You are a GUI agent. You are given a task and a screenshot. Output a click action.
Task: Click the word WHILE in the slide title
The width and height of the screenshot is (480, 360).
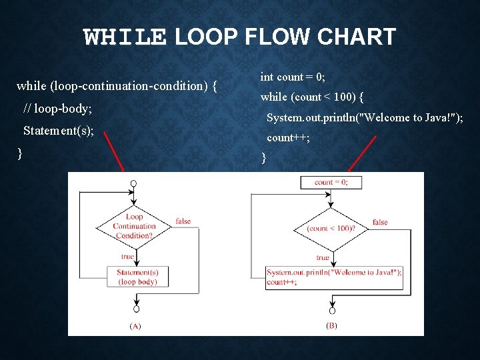click(125, 37)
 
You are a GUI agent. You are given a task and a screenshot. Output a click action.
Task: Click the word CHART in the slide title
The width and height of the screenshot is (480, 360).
click(356, 37)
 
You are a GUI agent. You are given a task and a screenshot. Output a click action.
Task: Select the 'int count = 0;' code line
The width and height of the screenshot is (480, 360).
click(293, 77)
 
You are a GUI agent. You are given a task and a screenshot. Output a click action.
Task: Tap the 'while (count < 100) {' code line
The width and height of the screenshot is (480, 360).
click(311, 97)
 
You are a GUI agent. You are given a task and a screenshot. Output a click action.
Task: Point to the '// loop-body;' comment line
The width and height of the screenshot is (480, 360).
click(57, 108)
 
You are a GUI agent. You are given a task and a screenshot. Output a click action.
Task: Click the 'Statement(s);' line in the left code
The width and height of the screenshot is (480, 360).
click(58, 131)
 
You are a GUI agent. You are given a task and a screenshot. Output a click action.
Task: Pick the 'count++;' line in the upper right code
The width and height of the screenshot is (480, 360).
click(288, 138)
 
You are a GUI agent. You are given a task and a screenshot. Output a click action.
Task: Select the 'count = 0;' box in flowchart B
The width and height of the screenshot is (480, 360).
click(331, 182)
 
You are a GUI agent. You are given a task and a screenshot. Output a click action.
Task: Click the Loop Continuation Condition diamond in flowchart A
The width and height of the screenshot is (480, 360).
click(134, 226)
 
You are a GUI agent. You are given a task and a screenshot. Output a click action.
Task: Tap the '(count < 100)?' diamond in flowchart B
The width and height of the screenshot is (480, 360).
click(331, 228)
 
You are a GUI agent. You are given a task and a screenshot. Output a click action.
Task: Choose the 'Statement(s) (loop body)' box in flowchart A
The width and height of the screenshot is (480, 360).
click(137, 277)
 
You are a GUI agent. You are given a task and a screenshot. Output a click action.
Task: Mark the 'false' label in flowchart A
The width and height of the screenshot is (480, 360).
click(183, 221)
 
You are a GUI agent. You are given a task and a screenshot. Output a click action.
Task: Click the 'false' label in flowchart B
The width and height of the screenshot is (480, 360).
click(380, 222)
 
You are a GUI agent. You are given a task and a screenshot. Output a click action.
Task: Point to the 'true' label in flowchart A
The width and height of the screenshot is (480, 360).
click(127, 256)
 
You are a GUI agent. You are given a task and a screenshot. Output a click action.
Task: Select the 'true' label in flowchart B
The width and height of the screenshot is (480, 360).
click(323, 257)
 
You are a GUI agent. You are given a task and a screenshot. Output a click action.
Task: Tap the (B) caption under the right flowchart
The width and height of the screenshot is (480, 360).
click(331, 326)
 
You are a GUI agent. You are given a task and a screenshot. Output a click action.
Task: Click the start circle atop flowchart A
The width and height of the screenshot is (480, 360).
click(134, 183)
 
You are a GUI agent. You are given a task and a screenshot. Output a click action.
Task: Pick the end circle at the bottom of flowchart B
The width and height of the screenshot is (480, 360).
click(331, 311)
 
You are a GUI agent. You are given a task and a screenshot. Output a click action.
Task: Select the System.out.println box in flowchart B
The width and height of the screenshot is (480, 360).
click(335, 277)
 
